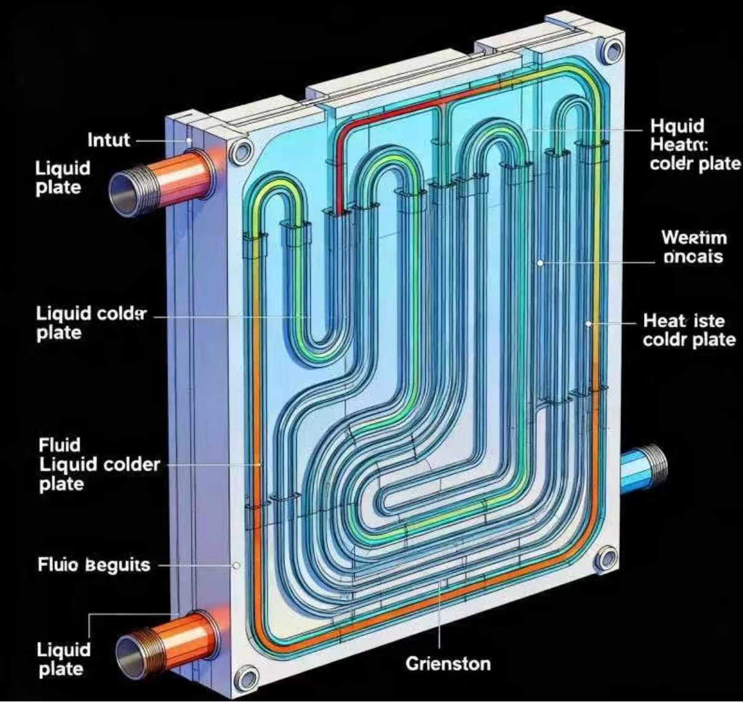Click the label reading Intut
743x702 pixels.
click(109, 140)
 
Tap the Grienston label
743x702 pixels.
click(448, 664)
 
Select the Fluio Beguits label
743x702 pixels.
click(94, 564)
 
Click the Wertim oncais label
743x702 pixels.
click(694, 247)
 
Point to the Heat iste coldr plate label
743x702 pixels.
click(689, 330)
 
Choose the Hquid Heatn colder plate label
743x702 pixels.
click(694, 145)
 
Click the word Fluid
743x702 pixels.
click(60, 444)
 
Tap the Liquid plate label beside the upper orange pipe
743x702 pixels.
click(62, 177)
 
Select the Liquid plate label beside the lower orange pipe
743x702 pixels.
click(63, 659)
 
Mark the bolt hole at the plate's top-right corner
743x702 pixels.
click(612, 52)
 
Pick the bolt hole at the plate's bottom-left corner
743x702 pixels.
click(247, 680)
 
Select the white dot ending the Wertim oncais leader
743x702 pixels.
click(541, 263)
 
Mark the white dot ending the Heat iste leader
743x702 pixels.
click(588, 322)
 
